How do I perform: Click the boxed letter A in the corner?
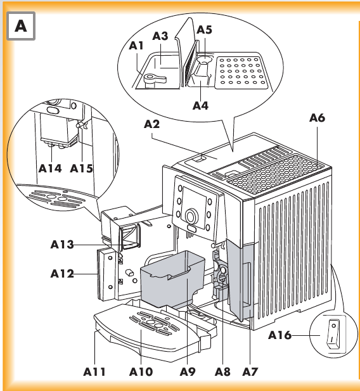pos(21,26)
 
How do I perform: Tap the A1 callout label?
pos(136,46)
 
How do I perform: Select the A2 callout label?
pos(151,124)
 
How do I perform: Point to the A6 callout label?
pos(317,118)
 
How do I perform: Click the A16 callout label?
pos(280,335)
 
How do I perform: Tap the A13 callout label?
pos(62,245)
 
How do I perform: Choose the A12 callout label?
pos(62,274)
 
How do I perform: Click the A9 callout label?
pos(188,372)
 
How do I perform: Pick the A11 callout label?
pos(94,372)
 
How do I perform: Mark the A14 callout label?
pos(50,169)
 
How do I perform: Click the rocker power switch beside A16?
pos(333,333)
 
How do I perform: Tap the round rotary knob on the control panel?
pos(191,216)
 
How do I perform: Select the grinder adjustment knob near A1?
pos(155,80)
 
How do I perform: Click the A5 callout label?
pos(204,30)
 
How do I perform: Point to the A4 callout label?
pos(200,105)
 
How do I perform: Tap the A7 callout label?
pos(250,372)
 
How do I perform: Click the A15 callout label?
pos(81,169)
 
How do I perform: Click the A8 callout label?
pos(222,372)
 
